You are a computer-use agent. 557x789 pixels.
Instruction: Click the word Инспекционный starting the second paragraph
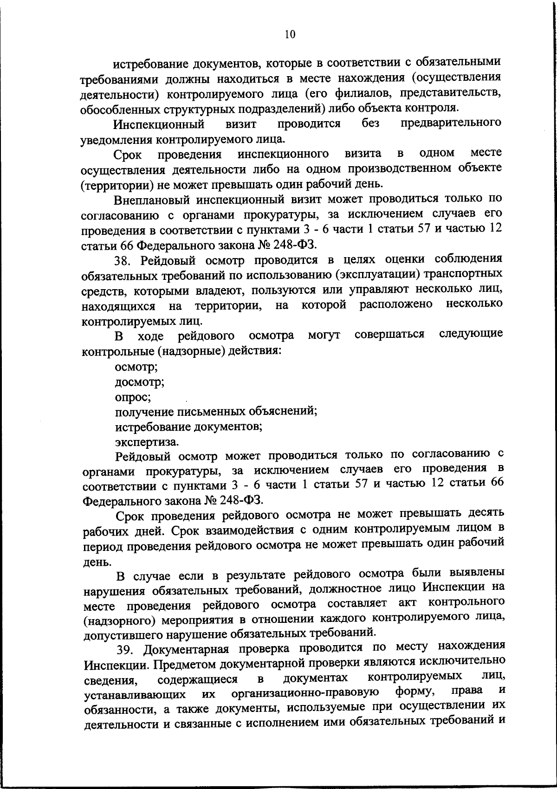click(x=160, y=124)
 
